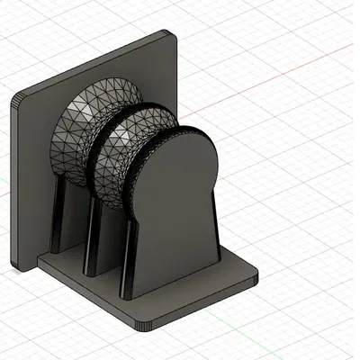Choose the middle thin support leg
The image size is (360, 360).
(92, 238)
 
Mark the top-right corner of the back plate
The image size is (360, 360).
(171, 34)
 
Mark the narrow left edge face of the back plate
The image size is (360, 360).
(15, 180)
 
